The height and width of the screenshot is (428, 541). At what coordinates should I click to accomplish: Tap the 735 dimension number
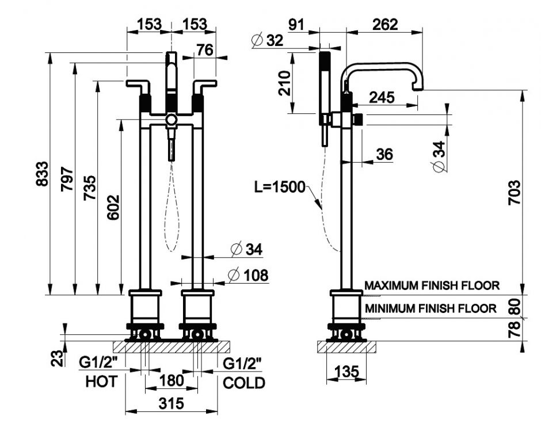point(90,188)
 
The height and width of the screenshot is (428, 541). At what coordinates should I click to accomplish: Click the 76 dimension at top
point(204,50)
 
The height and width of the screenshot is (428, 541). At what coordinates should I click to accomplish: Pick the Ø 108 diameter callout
point(248,276)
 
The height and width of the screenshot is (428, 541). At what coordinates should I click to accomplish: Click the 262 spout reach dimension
point(384,24)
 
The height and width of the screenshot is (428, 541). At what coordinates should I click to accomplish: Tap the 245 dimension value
point(382,97)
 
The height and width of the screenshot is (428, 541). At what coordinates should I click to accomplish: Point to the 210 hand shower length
point(285,83)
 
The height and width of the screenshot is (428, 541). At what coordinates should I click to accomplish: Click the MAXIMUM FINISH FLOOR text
point(432,285)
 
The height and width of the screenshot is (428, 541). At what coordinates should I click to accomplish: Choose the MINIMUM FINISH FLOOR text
point(430,309)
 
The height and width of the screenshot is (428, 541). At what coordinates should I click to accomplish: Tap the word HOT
point(101,381)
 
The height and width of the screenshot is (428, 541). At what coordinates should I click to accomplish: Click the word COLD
point(244,383)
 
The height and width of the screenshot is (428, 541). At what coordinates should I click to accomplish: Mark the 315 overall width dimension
point(171,403)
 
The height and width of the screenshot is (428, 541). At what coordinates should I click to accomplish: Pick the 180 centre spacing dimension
point(171,380)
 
